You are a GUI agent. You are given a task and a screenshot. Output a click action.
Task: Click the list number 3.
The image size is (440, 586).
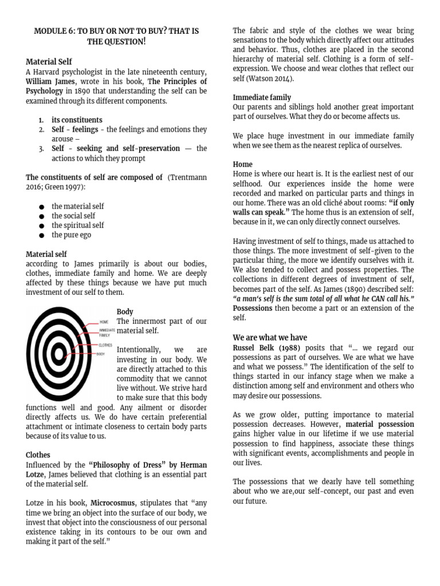(x=41, y=148)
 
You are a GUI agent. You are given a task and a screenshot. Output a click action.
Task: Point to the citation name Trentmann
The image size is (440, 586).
(x=187, y=177)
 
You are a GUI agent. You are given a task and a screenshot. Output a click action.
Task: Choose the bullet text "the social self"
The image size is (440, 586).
(x=73, y=216)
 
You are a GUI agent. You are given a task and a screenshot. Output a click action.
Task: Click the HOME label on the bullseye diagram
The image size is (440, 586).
(x=104, y=322)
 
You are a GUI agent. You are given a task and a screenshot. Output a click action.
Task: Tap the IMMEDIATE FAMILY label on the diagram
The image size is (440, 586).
(x=107, y=332)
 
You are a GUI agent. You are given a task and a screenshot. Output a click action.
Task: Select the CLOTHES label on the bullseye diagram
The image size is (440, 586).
(x=106, y=345)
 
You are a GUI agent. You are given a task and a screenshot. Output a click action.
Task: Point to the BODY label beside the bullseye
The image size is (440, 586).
(x=101, y=354)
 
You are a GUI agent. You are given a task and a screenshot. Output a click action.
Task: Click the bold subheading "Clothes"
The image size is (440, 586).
(x=38, y=455)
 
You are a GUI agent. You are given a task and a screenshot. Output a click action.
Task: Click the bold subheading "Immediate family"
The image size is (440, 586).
(x=262, y=97)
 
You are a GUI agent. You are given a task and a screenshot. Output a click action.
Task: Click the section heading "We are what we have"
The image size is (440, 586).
(x=270, y=336)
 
